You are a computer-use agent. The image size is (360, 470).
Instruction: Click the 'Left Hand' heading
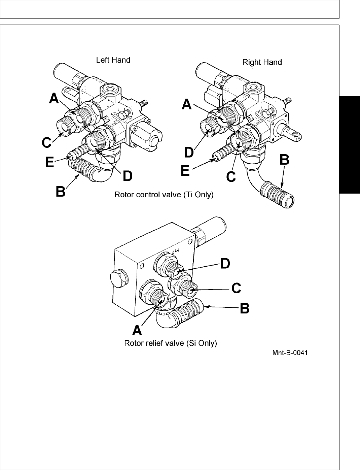(113, 60)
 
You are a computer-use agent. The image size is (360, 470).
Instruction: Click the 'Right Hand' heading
(262, 62)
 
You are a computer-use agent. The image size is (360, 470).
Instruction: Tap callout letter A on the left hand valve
(54, 98)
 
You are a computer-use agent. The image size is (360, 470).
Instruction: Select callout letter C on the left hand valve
(47, 143)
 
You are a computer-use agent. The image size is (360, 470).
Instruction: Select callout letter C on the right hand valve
(231, 176)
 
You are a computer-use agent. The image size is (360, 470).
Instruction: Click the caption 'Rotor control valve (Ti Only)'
(164, 195)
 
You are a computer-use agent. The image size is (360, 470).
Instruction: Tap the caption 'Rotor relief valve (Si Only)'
(171, 344)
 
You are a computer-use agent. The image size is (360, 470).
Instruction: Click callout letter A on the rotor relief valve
(137, 330)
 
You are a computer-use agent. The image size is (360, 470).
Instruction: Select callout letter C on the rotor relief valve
(236, 288)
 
